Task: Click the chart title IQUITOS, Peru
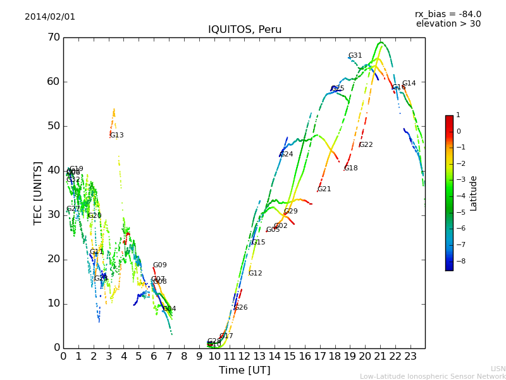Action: [245, 30]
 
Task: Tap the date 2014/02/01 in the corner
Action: [50, 16]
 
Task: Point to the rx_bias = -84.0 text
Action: [448, 14]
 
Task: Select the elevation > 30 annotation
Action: [448, 24]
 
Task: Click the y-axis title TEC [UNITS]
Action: [38, 193]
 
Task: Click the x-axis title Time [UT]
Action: [244, 370]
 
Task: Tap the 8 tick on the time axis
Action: [184, 356]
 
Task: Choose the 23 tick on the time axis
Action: [410, 356]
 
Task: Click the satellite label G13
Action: [116, 136]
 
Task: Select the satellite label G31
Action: [355, 56]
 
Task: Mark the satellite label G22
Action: [366, 145]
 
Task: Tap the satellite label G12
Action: [255, 274]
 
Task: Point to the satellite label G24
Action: [287, 155]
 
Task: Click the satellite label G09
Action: [159, 265]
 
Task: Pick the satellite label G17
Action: [226, 336]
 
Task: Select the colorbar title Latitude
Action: [473, 193]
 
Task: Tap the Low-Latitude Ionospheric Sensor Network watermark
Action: [433, 376]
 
